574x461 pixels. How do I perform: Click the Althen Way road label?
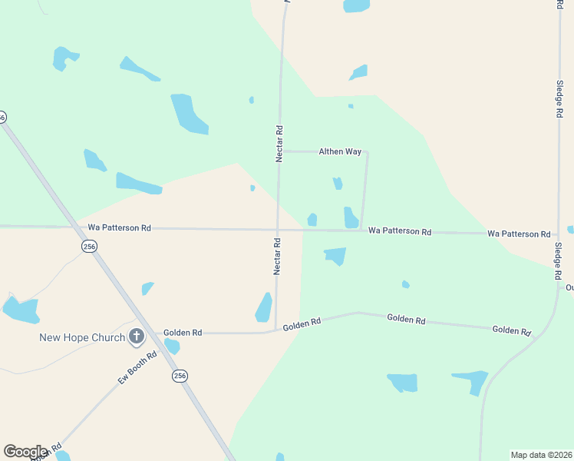[340, 152]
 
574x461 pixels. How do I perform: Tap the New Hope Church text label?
[82, 337]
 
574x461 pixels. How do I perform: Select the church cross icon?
[137, 336]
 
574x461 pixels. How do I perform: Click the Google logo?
[25, 452]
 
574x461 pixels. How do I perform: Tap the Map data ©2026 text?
[541, 455]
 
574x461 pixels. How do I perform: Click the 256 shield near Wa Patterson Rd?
[90, 246]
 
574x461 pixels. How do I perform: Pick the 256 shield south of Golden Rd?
[179, 376]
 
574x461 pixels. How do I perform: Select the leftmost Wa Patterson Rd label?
[120, 228]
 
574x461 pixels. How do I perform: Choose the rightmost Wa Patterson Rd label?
[519, 234]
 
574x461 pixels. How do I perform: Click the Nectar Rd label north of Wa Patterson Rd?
[280, 144]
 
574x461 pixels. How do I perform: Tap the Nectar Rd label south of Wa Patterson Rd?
[278, 256]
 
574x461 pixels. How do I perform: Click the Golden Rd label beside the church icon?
[183, 333]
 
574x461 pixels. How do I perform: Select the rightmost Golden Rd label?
[512, 330]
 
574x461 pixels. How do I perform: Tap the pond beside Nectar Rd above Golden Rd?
[264, 307]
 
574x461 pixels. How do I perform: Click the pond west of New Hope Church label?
[21, 310]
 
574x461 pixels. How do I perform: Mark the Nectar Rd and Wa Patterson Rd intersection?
[278, 229]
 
